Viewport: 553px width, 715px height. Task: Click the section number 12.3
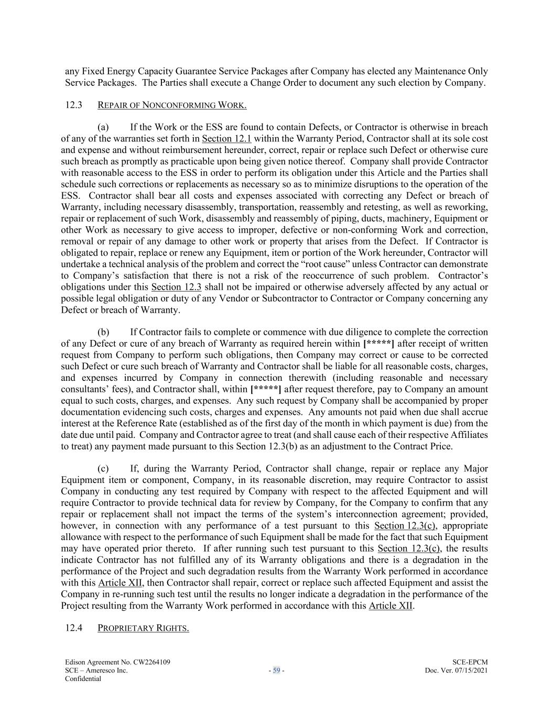74,105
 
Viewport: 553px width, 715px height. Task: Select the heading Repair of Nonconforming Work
172,105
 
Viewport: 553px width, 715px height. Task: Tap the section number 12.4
74,628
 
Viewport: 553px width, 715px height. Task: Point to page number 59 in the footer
276,670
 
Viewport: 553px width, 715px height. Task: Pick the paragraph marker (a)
103,127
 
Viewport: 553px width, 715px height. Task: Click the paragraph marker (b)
103,332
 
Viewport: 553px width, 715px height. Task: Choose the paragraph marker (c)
103,468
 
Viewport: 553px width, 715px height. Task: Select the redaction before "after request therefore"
266,389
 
